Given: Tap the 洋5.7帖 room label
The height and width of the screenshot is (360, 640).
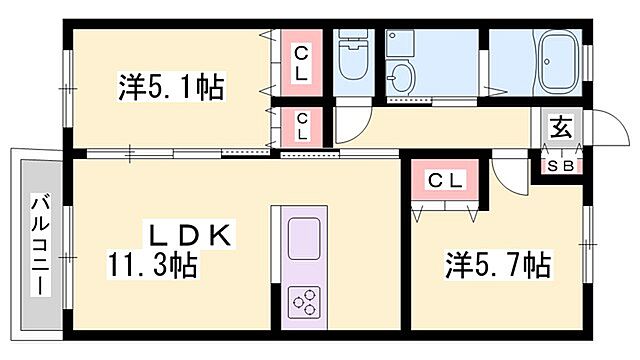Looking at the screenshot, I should click(x=497, y=266).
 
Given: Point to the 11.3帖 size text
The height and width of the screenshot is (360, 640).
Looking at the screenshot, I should click(x=152, y=266).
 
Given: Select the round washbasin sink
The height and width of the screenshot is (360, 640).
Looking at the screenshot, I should click(x=403, y=76).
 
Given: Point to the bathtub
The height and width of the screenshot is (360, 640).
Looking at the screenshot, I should click(x=555, y=63).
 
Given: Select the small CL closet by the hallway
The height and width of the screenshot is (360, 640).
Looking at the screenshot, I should click(x=301, y=127).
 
